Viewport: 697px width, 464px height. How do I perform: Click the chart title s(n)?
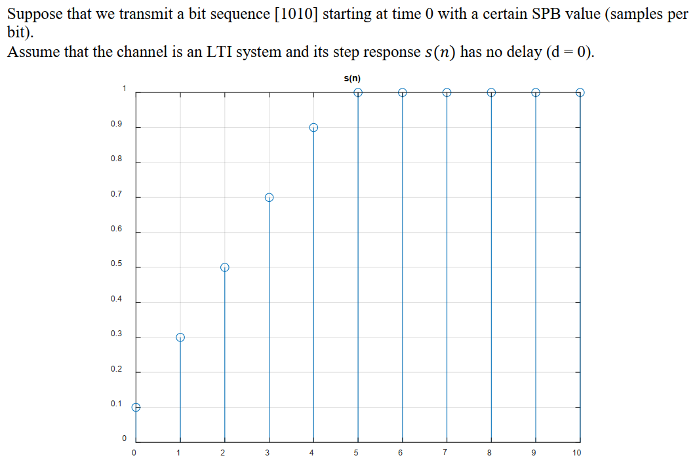tap(352, 79)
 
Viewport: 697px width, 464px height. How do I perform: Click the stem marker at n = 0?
tap(136, 407)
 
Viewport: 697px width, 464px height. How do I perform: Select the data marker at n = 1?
tap(180, 338)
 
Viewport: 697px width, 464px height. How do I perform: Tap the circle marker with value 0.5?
tap(225, 267)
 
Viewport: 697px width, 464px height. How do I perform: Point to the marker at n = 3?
tap(269, 197)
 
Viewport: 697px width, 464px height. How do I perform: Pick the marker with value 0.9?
tap(313, 128)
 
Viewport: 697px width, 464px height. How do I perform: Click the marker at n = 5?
tap(358, 92)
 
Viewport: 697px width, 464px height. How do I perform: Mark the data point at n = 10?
tap(580, 92)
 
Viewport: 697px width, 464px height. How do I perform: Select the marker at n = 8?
tap(491, 92)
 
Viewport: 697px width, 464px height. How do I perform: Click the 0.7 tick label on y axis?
tap(116, 194)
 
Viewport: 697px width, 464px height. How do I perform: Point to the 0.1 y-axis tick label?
tap(116, 404)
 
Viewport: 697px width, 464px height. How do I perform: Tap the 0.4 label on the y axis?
tap(116, 299)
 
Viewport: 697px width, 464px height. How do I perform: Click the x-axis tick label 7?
tap(445, 452)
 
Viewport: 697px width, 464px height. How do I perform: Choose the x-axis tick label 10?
tap(577, 452)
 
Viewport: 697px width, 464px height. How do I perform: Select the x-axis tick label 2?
tap(223, 452)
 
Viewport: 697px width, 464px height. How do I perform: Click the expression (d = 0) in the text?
tap(569, 52)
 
